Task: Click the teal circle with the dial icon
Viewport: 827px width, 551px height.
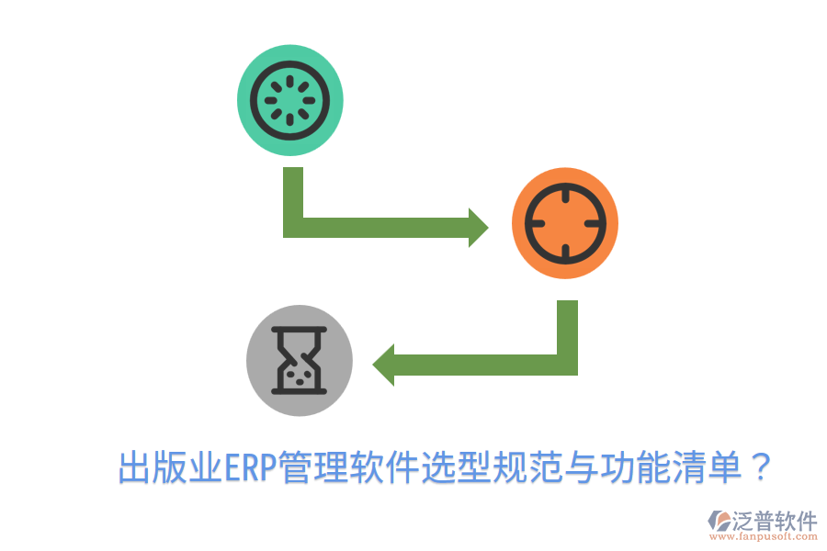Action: coord(290,101)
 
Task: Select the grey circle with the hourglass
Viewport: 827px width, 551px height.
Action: coord(300,359)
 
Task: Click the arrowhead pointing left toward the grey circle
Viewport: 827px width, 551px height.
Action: coord(383,365)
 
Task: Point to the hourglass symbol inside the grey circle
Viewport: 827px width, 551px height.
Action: coord(300,360)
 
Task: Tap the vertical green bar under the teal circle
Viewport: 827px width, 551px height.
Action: coord(293,197)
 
